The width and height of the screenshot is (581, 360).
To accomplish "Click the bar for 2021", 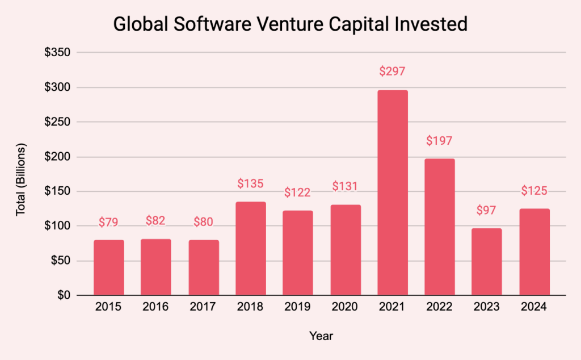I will point(393,192).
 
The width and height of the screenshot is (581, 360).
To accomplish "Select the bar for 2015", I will point(108,267).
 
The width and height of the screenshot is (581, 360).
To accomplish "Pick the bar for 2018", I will point(250,248).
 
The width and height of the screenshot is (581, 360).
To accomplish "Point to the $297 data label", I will point(393,72).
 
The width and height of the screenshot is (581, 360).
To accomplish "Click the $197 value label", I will point(440,140).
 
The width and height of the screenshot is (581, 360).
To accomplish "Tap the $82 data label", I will point(155,220).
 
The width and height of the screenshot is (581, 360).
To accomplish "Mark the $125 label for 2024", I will point(534,191).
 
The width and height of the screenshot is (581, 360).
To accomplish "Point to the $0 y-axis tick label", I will point(62,295).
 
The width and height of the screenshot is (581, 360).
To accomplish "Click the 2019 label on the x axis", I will point(298,307).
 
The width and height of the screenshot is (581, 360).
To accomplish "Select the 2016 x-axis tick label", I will point(155,307).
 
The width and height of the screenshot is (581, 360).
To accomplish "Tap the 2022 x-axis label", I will point(440,307).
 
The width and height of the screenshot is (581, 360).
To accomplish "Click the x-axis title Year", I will point(321,336).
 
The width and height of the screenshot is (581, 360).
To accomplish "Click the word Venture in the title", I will point(290,25).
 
